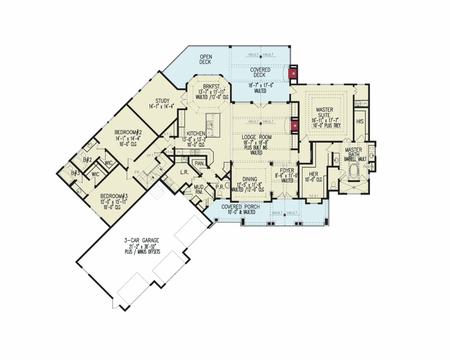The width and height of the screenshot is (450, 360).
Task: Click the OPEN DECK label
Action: pos(206,59)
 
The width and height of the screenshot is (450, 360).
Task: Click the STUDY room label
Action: pos(163,101)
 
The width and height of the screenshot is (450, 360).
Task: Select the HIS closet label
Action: pos(360,121)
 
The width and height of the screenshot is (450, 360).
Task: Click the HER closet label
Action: pos(313,174)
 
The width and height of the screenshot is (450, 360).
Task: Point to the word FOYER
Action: pos(287,171)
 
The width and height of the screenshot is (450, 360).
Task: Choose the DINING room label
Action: pos(250,179)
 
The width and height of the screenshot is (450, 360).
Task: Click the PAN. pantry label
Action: pos(199,163)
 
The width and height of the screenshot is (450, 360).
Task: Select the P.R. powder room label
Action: pos(219,187)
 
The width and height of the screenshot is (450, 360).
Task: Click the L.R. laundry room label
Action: pos(184,172)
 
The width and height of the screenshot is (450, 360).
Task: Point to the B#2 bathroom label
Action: pos(87,160)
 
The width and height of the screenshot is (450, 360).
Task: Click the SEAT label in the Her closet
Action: pos(314,196)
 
